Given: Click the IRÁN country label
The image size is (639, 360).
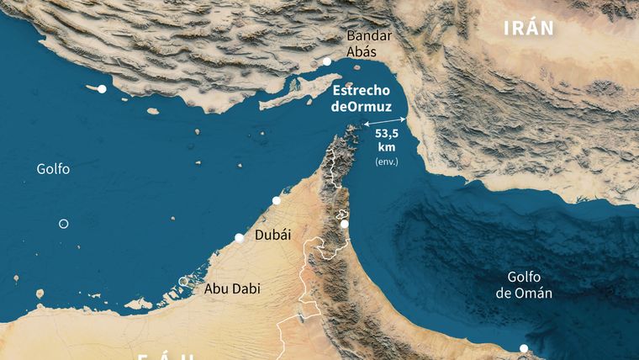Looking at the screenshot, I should [529, 28].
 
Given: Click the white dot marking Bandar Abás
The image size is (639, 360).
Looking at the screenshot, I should [326, 61].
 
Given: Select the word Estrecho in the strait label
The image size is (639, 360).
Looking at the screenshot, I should [362, 90].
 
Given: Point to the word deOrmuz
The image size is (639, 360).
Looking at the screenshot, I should [362, 106].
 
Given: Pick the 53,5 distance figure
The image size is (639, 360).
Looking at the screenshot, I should [387, 134].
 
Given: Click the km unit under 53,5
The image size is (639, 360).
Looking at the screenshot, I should [387, 147].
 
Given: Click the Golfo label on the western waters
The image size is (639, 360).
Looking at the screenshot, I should [53, 169].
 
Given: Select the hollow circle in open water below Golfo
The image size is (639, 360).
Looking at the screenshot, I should [63, 223].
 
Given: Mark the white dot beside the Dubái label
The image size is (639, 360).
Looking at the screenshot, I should [240, 239].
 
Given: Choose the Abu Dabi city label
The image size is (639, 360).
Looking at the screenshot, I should [232, 289].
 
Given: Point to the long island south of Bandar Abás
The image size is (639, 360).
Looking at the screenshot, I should [290, 97].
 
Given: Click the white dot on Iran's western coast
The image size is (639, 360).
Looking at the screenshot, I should [102, 89].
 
